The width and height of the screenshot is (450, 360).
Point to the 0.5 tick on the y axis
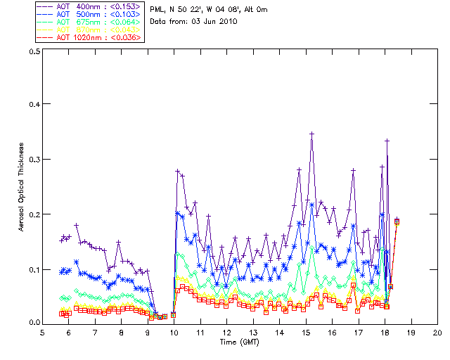pyautogui.click(x=34, y=51)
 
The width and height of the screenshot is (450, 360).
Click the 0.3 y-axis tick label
pyautogui.click(x=34, y=160)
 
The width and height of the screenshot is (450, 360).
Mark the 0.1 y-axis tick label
pyautogui.click(x=34, y=269)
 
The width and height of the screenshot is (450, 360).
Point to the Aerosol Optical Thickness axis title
pyautogui.click(x=21, y=187)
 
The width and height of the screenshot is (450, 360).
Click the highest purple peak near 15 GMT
pyautogui.click(x=311, y=133)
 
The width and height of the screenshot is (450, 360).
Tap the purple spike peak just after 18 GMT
pyautogui.click(x=387, y=141)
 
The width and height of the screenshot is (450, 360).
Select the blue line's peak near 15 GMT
pyautogui.click(x=311, y=205)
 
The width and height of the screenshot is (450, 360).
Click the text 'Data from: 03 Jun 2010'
pyautogui.click(x=194, y=22)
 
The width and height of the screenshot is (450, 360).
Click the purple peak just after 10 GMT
pyautogui.click(x=178, y=171)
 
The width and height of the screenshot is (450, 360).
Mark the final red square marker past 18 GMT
pyautogui.click(x=397, y=221)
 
